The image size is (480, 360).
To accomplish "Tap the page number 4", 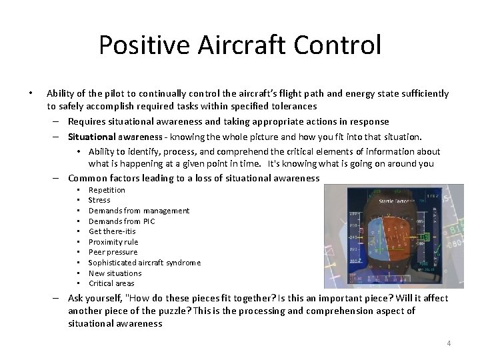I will click(449, 343).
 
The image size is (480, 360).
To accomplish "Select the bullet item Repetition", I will click(107, 190).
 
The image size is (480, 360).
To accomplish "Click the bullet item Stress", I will click(99, 200).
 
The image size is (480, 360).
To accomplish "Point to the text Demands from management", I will click(139, 211).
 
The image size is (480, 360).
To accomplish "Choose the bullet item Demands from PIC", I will click(121, 221).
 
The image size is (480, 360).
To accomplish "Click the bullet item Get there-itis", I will click(112, 231).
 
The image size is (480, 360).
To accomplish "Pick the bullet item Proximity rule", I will click(113, 242).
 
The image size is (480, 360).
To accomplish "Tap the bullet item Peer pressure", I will click(113, 252).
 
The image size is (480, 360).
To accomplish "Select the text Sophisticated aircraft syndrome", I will click(144, 263).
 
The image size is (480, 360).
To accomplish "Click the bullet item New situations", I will click(115, 273).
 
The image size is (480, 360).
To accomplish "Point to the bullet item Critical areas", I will click(111, 283).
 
